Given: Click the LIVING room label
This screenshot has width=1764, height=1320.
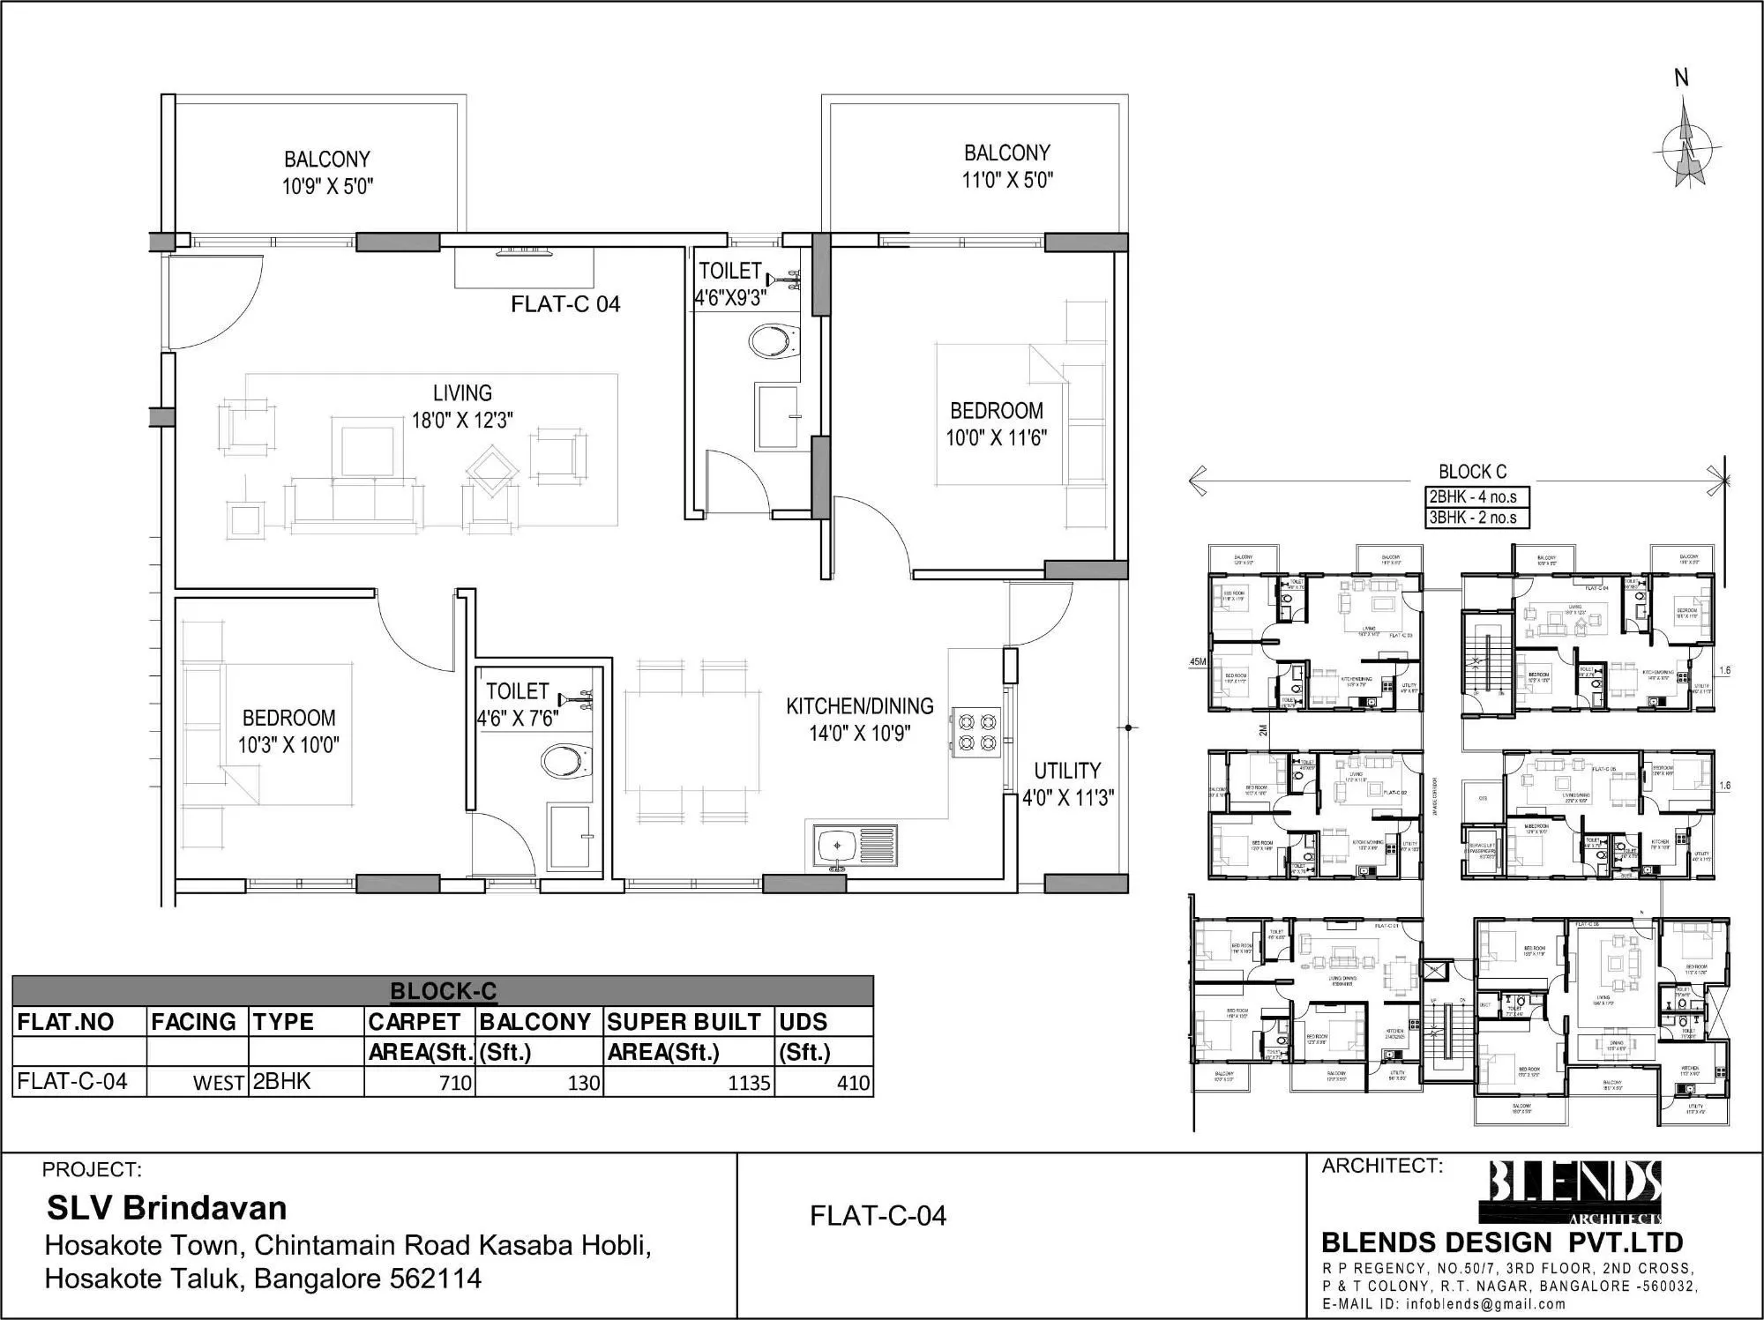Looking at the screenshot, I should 462,393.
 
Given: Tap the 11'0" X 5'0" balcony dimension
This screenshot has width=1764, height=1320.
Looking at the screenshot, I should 1007,180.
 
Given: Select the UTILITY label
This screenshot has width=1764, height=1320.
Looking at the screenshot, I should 1067,770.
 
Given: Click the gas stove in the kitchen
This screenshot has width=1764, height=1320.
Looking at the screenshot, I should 975,731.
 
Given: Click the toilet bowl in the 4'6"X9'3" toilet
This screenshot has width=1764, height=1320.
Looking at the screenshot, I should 774,341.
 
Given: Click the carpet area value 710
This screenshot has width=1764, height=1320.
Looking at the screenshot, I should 455,1083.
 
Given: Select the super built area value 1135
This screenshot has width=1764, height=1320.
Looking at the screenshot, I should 749,1083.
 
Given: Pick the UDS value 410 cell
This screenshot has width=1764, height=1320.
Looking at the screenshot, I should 853,1083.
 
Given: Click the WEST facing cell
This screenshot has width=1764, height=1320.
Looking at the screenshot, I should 218,1084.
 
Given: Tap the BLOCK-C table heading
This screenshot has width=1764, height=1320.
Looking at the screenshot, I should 443,991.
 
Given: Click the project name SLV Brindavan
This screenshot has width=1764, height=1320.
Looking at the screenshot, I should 167,1207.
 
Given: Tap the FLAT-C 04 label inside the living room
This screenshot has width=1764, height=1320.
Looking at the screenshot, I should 565,304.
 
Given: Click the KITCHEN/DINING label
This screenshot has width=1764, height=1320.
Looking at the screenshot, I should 859,706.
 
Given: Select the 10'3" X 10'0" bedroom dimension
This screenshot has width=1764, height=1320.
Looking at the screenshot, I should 288,745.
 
